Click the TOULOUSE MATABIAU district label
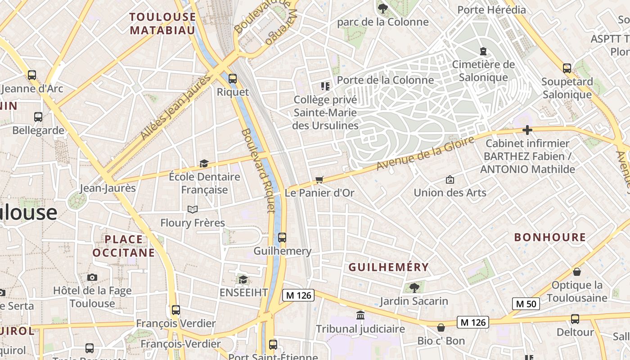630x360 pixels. tap(162, 23)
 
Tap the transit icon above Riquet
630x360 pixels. tap(233, 78)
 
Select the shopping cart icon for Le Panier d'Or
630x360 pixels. tap(319, 180)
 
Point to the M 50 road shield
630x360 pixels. tap(526, 304)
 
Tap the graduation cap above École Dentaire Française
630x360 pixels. tap(204, 163)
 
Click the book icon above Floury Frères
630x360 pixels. tap(193, 209)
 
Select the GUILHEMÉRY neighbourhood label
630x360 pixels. tap(389, 267)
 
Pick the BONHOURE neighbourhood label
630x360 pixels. tap(550, 237)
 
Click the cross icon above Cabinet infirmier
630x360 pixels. tap(527, 130)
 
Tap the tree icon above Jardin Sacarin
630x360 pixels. tap(414, 288)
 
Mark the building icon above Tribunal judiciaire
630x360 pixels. tap(360, 315)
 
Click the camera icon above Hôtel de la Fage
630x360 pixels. tap(92, 277)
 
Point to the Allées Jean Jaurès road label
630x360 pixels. tap(175, 107)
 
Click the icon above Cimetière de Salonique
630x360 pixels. tap(483, 51)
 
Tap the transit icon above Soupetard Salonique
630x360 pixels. tap(567, 68)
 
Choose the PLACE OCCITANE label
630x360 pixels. tap(124, 246)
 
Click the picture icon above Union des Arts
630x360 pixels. tap(450, 180)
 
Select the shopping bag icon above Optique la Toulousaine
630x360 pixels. tap(577, 272)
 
